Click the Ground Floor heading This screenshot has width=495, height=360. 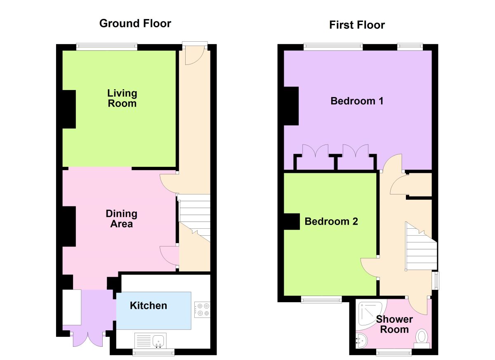tap(135, 24)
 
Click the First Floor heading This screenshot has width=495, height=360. tap(357, 25)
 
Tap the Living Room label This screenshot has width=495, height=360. tap(122, 98)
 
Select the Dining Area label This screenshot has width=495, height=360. tap(122, 218)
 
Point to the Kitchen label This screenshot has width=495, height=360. tap(148, 306)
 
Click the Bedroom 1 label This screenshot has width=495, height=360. tap(357, 101)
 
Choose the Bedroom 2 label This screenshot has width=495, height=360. tap(331, 221)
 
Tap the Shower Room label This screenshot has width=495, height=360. tap(394, 324)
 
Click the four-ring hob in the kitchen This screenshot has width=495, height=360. tap(202, 310)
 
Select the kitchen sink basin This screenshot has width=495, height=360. tap(158, 341)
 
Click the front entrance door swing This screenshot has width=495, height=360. tap(194, 55)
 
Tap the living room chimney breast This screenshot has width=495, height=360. tap(69, 109)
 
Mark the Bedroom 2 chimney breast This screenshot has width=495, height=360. tap(292, 221)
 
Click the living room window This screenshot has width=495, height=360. tap(107, 47)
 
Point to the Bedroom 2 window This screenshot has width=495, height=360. tap(321, 300)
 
